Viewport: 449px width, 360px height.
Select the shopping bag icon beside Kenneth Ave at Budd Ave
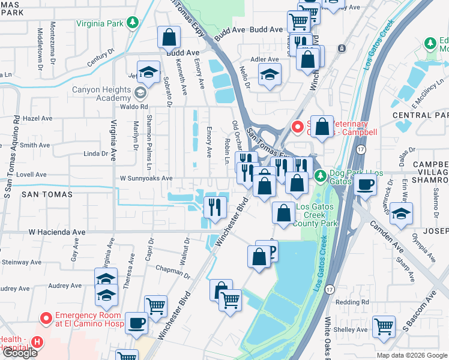coord(169,38)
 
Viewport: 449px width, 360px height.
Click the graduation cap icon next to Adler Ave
coord(270,75)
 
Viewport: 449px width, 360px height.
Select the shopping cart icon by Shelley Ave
coord(384,327)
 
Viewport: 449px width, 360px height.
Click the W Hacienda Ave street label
coord(57,232)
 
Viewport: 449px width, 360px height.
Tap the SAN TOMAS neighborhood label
coord(47,194)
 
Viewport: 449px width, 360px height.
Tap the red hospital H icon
coord(37,343)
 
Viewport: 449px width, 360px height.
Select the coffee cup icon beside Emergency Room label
coord(136,323)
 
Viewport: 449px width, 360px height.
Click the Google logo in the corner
coord(20,353)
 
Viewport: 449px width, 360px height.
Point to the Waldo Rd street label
coord(136,106)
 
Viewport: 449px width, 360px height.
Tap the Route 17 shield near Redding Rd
coord(330,289)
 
